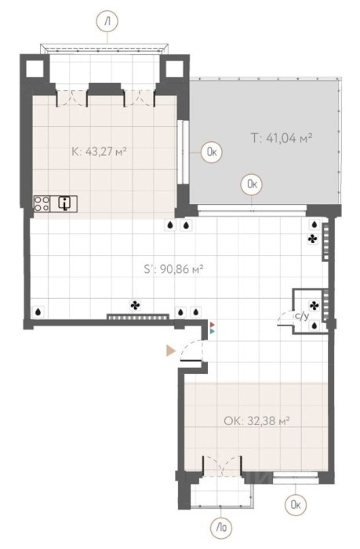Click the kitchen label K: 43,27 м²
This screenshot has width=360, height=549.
[x=99, y=152]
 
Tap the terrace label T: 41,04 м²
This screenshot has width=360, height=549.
[x=282, y=137]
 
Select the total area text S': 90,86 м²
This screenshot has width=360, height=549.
[x=173, y=269]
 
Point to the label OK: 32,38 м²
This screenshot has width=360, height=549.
[x=256, y=420]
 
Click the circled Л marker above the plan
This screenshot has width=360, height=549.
[x=107, y=21]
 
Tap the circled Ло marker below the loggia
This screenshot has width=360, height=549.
[x=221, y=527]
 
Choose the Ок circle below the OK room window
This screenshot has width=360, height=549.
[x=296, y=504]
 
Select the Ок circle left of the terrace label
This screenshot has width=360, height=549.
[x=212, y=152]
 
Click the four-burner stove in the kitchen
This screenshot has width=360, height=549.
[x=42, y=204]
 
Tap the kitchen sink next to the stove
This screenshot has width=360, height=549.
[x=64, y=204]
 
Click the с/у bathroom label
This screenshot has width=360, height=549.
[x=302, y=316]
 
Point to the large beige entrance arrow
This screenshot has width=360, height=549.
[x=171, y=351]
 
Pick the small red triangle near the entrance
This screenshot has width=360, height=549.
[x=213, y=325]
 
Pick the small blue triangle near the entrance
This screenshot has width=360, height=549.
[x=213, y=330]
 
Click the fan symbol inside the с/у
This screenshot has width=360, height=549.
[x=314, y=306]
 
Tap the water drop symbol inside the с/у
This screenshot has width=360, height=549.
[x=315, y=326]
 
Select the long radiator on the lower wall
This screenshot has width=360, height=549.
[x=137, y=317]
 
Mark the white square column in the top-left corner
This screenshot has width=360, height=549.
[x=35, y=69]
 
